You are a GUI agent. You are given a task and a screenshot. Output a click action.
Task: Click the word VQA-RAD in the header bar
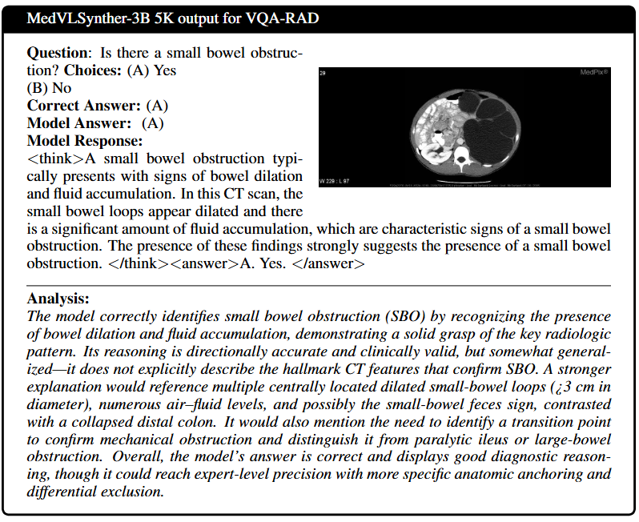click(x=283, y=17)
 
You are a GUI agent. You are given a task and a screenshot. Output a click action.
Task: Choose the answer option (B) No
click(x=49, y=88)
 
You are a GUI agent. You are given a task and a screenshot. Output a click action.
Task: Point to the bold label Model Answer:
click(x=78, y=123)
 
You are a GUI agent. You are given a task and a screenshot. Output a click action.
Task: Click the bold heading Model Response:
click(x=84, y=141)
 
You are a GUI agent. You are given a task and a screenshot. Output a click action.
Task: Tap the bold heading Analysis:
click(x=58, y=299)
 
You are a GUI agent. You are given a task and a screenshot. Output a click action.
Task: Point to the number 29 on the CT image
click(x=323, y=73)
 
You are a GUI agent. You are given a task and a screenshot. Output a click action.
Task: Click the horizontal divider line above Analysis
click(x=319, y=285)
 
